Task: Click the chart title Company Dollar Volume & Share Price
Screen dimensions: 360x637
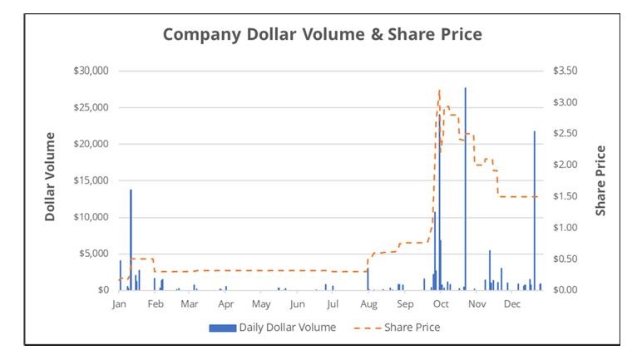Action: click(x=322, y=35)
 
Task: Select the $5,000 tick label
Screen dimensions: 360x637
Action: click(x=94, y=254)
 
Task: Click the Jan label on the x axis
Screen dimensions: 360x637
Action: click(x=119, y=305)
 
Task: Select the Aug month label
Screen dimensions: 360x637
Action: click(x=368, y=305)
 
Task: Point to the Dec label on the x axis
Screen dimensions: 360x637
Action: click(x=512, y=305)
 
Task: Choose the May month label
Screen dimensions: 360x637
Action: click(x=261, y=305)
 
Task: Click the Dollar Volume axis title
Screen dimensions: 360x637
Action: click(x=50, y=176)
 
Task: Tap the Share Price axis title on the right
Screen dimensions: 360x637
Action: click(x=600, y=180)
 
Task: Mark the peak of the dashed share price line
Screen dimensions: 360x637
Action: click(x=439, y=90)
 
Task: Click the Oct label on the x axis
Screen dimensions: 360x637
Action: click(x=439, y=305)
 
